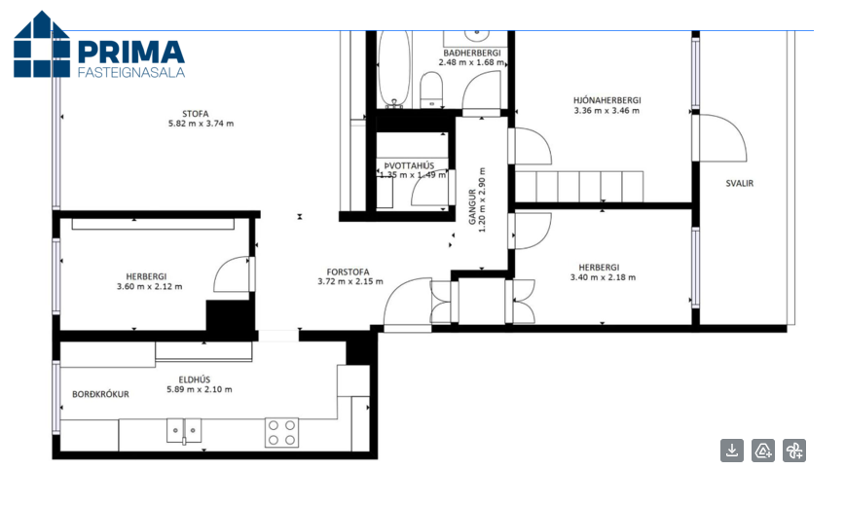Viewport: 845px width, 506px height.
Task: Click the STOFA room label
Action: (x=195, y=114)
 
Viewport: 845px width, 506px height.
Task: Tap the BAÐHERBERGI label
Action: (x=472, y=53)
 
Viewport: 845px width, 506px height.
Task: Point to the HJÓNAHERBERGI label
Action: (x=606, y=100)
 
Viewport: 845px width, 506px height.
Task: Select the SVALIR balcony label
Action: (x=740, y=183)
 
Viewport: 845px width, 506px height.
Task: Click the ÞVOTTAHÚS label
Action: (x=409, y=166)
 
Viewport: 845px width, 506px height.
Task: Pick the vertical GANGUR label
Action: (x=472, y=206)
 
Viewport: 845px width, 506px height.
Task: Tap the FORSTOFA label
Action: (x=348, y=272)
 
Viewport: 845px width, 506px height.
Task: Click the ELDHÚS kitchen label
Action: (x=195, y=379)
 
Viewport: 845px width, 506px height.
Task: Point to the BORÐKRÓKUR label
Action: (x=101, y=394)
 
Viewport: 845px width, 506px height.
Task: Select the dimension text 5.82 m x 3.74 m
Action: (x=201, y=124)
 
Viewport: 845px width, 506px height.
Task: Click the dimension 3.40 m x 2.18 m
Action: (x=603, y=277)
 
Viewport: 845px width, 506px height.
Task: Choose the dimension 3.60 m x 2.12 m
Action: (x=149, y=287)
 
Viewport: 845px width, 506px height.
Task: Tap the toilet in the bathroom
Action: (x=431, y=90)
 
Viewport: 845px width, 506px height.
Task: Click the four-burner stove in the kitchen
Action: (x=281, y=432)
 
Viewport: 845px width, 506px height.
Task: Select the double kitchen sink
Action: (x=184, y=430)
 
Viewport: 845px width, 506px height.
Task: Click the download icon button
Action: (x=732, y=451)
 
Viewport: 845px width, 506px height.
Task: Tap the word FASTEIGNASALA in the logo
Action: (x=131, y=72)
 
